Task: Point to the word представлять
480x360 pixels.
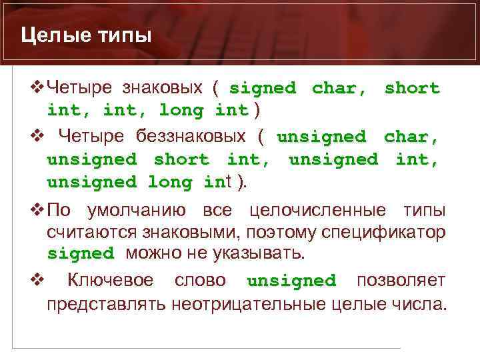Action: coord(106,304)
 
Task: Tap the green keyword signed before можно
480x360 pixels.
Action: coord(81,254)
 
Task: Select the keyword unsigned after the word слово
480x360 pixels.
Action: coord(291,281)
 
